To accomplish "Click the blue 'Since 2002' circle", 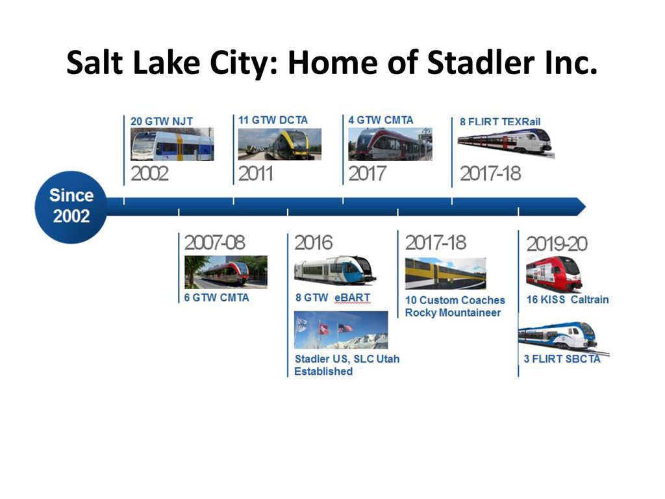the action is tap(71, 207).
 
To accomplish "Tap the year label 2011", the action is tap(255, 173).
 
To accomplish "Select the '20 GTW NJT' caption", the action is tap(162, 122).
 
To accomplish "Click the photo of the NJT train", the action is tap(172, 144).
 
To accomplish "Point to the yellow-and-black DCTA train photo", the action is tap(279, 144).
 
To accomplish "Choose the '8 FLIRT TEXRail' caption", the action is tap(500, 122).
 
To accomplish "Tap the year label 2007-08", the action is tap(214, 243).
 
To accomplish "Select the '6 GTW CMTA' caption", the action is tap(216, 298).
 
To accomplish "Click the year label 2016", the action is tap(314, 243).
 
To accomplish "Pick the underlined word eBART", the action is tap(353, 298).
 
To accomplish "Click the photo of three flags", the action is tap(341, 330).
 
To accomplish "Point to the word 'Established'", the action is tap(323, 371).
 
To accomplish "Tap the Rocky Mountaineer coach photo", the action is tap(445, 274).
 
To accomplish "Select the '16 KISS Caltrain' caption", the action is tap(568, 300).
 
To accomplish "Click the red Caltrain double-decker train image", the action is tap(554, 274).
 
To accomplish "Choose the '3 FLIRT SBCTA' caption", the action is tap(562, 359).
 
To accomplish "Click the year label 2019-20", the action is tap(557, 244).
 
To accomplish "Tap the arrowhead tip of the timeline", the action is tap(586, 207).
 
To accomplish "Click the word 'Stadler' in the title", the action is tap(480, 62).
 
